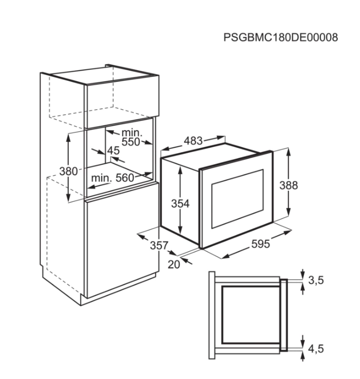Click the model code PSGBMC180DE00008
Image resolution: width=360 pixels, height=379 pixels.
coord(281,38)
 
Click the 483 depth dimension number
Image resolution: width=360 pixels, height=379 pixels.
coord(193,141)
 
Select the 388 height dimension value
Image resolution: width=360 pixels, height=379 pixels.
coord(289,185)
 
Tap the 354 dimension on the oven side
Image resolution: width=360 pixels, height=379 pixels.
coord(181,203)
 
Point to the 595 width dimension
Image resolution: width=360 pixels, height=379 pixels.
coord(261,244)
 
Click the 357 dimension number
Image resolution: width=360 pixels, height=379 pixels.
coord(159,245)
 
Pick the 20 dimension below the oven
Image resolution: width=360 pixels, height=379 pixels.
coord(174,265)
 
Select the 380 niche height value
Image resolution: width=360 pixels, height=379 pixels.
coord(68,171)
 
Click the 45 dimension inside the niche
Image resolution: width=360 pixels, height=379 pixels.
coord(114,150)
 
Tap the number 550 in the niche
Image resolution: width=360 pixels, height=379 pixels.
coord(131,142)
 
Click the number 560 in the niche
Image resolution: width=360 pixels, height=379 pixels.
coord(124,178)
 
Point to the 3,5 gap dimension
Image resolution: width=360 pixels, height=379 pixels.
coord(316,280)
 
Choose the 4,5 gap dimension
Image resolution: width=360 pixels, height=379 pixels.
coord(316,349)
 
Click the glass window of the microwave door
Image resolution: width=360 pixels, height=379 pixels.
coord(238,199)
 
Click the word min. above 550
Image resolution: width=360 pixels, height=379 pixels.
coord(132,133)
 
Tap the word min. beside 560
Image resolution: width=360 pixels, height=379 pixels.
coord(102,178)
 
